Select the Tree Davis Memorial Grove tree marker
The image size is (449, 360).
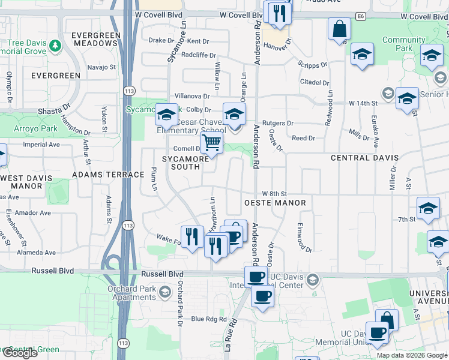55,45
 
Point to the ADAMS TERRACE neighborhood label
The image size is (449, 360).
108,175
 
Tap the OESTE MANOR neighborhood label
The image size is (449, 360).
275,203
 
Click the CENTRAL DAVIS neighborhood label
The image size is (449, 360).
364,158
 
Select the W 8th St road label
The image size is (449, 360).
275,194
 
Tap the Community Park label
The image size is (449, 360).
403,44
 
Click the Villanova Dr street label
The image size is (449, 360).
192,96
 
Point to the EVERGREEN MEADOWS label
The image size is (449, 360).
94,40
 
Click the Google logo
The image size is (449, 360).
20,353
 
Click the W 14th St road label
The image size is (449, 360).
363,103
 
